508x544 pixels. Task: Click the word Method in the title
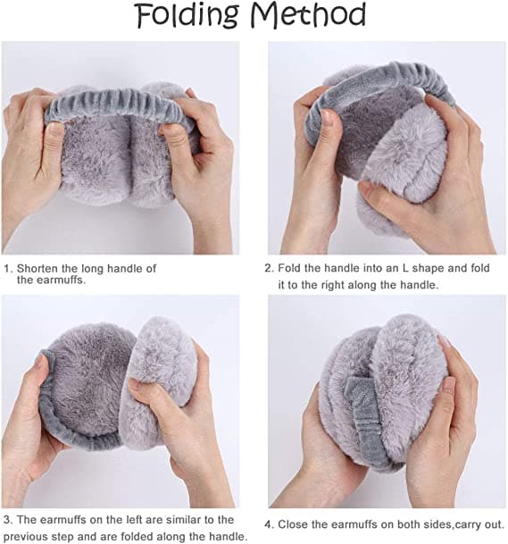(308, 15)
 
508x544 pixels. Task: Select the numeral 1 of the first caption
(6, 269)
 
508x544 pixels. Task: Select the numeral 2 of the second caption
(268, 269)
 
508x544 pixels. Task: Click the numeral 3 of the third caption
(8, 520)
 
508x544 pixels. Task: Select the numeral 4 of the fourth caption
(268, 524)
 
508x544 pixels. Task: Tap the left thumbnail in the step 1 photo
(54, 128)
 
